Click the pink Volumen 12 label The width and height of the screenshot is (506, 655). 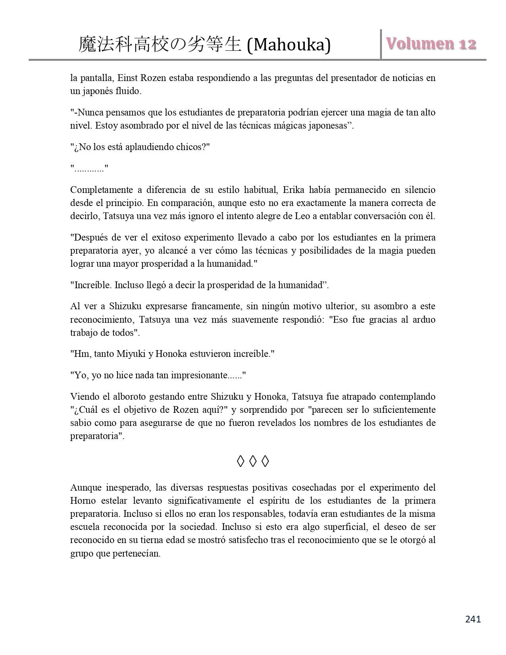point(430,44)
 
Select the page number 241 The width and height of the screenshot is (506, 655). point(472,619)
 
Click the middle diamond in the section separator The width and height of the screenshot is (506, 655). point(253,461)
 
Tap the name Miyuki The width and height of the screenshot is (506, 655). point(131,354)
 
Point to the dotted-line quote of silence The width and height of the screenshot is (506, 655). point(89,168)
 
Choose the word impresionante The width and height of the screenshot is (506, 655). point(202,375)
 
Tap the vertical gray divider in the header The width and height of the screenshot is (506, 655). point(381,44)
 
